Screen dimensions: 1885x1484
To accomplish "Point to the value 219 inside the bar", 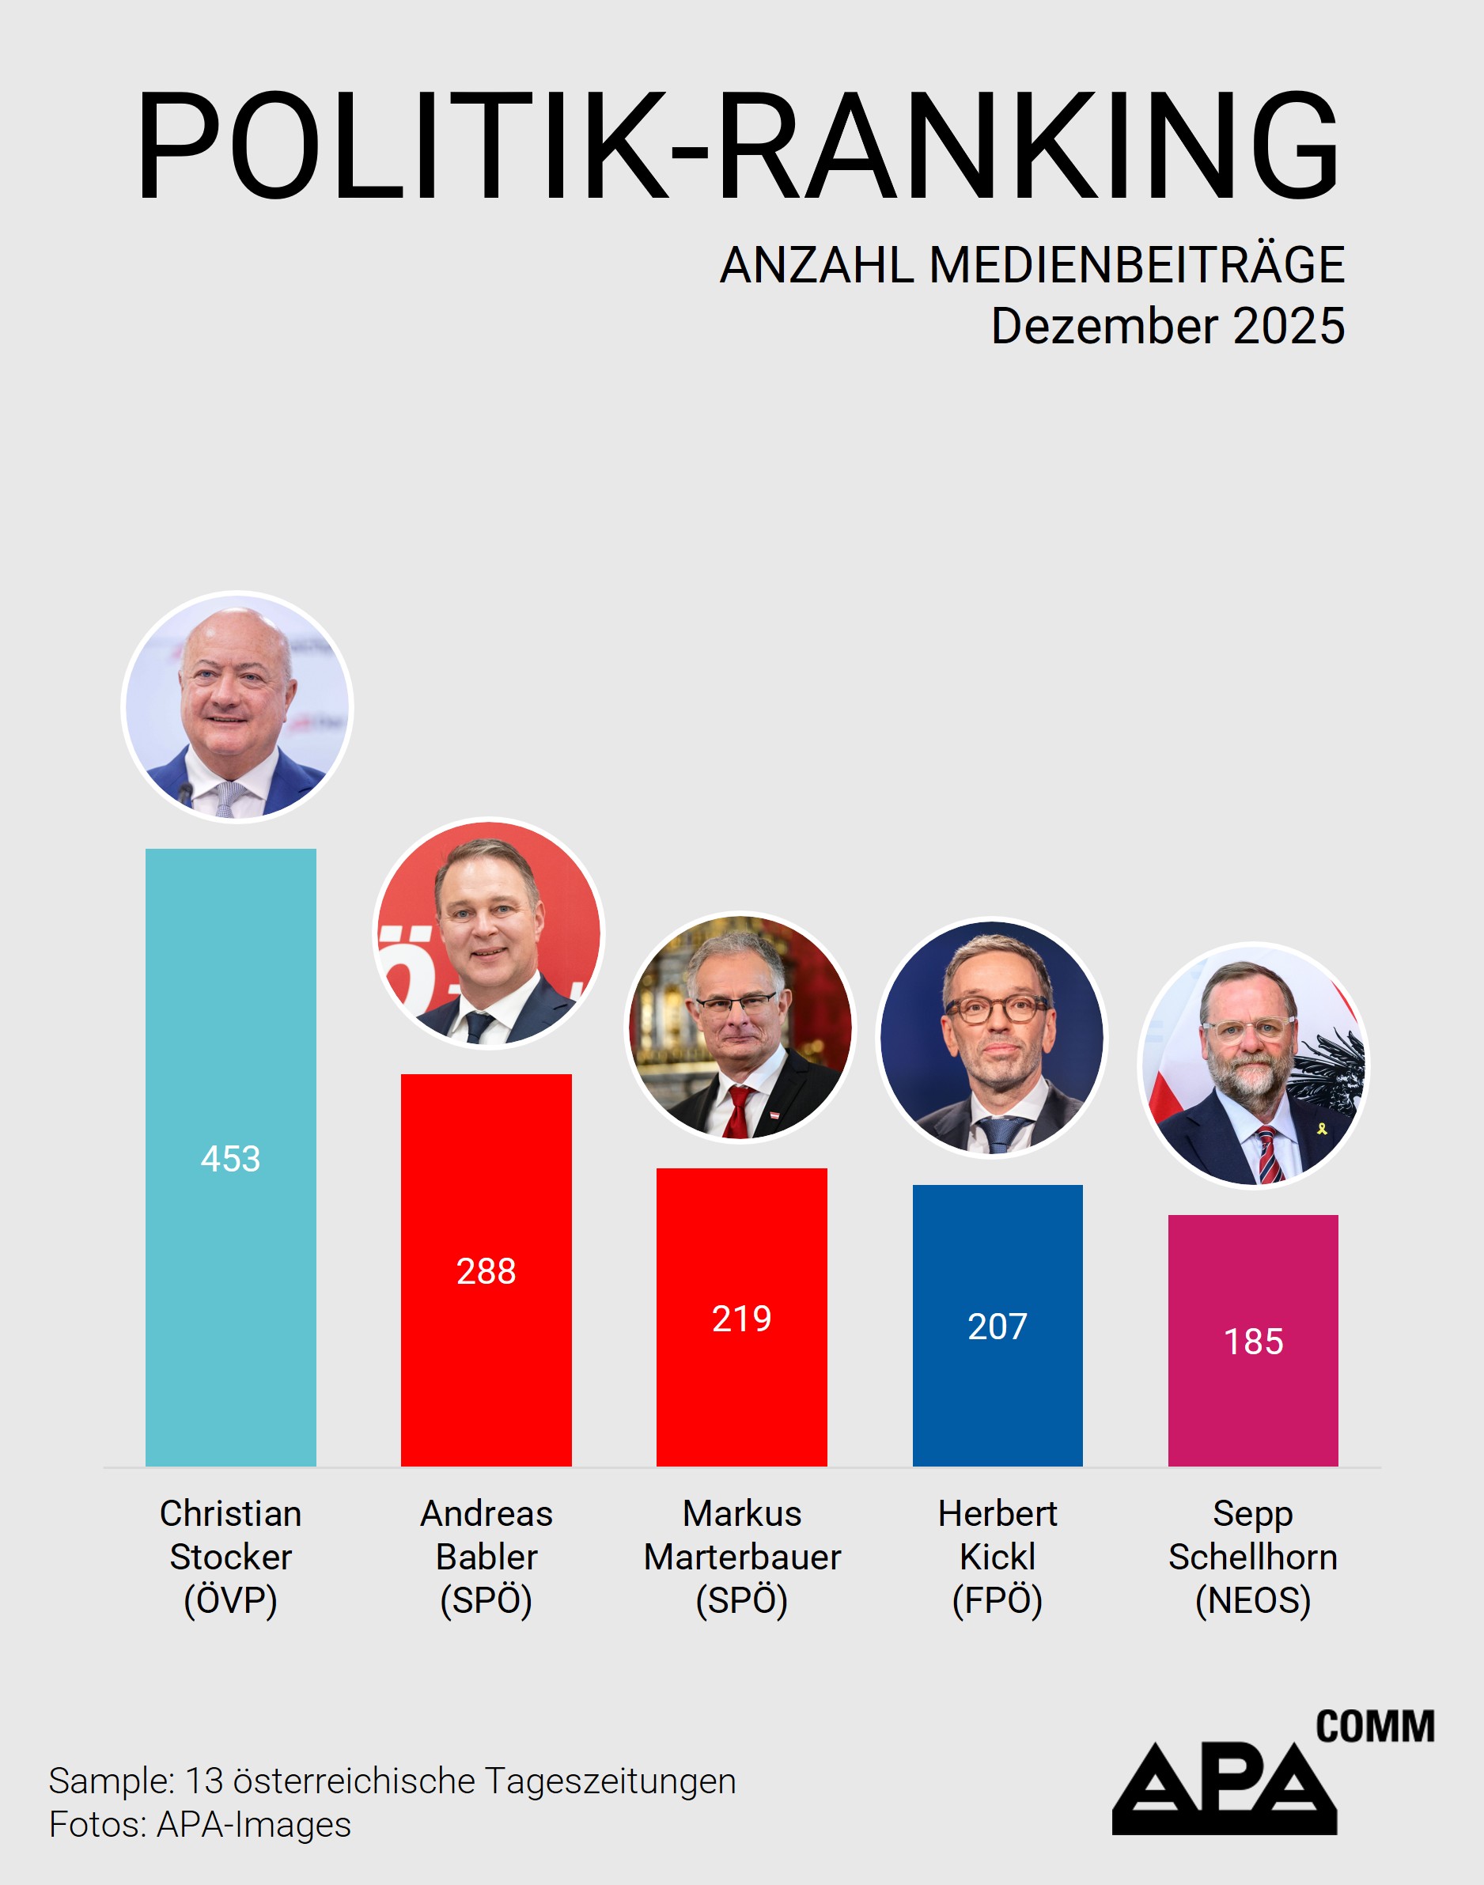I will [x=741, y=1319].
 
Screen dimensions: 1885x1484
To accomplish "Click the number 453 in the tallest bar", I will [x=230, y=1159].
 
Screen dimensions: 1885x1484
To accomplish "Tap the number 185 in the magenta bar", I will [x=1253, y=1342].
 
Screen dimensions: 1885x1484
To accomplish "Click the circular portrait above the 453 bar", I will [x=237, y=707].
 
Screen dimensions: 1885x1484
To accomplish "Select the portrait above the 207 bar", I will [x=991, y=1038].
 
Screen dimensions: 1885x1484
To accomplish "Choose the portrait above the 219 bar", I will [x=741, y=1027].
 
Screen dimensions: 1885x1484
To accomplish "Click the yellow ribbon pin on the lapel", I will [x=1322, y=1129].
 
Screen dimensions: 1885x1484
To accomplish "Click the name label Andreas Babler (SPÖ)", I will [x=486, y=1557].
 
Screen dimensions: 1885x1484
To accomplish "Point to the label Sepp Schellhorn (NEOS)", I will [x=1252, y=1557].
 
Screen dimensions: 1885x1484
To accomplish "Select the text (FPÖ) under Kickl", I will [x=997, y=1600].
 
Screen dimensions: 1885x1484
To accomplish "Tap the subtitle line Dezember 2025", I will [x=1167, y=327].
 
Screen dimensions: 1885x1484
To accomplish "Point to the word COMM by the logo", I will [x=1375, y=1727].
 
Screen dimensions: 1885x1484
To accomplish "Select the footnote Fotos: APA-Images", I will [x=200, y=1825].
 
